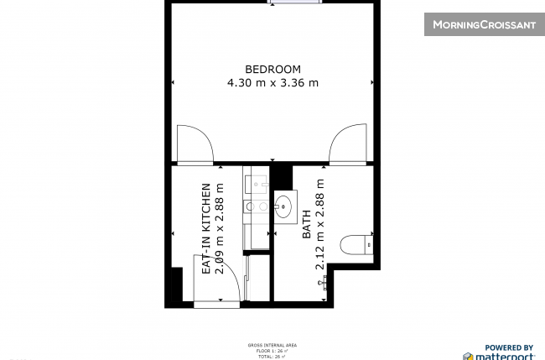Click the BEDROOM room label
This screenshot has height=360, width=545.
pos(272,69)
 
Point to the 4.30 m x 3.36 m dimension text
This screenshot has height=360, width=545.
pos(272,82)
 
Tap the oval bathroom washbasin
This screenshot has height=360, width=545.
pos(284,204)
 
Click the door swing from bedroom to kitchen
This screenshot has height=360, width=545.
pos(193,144)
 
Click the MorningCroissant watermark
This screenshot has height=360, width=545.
pos(484,24)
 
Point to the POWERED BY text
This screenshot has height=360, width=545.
pos(510,347)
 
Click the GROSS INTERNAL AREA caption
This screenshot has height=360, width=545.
pos(272,345)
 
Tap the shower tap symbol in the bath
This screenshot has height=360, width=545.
pos(324,283)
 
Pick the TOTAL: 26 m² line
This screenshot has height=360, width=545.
pos(272,357)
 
